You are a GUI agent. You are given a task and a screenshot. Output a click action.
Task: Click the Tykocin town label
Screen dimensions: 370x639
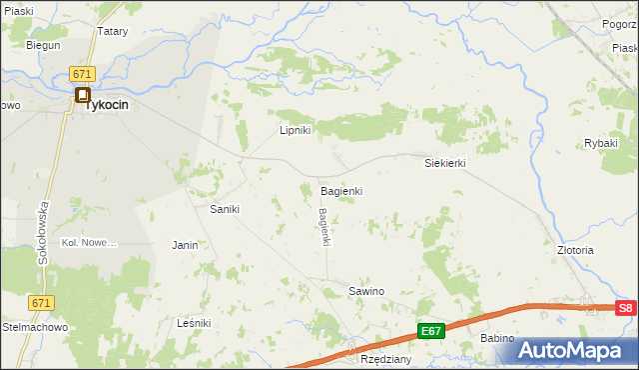(x=109, y=103)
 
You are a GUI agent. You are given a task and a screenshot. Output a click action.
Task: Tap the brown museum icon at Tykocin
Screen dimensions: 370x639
(x=83, y=95)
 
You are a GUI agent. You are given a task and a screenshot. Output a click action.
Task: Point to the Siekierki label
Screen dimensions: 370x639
(x=445, y=162)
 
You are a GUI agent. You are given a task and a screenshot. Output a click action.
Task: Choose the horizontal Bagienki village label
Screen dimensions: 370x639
(x=340, y=190)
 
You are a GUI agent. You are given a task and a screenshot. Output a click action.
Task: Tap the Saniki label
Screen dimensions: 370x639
(x=223, y=209)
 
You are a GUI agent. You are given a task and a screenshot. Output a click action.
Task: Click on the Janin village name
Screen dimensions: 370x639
(x=185, y=245)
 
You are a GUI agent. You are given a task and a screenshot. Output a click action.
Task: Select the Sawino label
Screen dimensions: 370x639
(x=365, y=291)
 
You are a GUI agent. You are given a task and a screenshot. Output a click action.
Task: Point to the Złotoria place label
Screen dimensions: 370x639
(x=576, y=250)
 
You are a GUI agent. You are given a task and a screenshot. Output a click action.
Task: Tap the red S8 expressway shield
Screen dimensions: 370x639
(x=625, y=309)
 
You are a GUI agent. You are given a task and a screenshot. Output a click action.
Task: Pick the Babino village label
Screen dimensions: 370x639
(x=497, y=338)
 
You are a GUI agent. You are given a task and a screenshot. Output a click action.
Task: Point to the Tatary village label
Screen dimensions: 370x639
(x=112, y=31)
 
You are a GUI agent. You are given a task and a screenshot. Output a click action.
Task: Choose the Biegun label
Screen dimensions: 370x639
(x=43, y=45)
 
